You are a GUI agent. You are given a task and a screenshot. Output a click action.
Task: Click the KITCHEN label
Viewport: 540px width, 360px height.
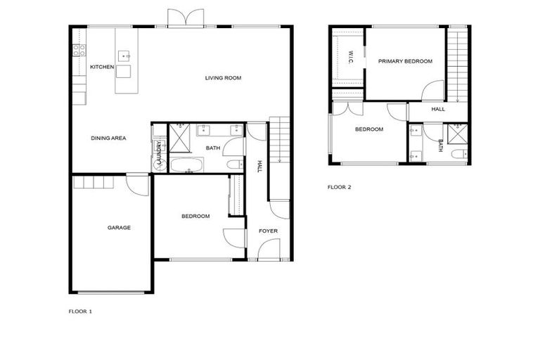coord(102,67)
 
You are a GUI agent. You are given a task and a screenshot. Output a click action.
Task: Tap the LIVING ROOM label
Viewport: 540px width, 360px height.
coord(223,78)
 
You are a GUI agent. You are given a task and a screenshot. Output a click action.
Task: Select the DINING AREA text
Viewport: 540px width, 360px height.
coord(108,139)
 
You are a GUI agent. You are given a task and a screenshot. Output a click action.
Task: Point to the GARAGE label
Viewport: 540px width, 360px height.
coord(119,227)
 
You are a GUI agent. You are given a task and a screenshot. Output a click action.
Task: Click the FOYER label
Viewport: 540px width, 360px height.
coord(268,231)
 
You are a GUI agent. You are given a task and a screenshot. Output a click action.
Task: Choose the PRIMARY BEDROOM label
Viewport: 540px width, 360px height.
coord(405,62)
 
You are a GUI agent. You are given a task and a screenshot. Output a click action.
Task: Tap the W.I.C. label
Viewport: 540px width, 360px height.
coord(352,56)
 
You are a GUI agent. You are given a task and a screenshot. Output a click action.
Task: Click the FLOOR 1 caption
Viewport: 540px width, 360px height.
coord(80,311)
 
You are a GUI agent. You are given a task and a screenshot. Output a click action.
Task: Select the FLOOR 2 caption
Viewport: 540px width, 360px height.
coord(339,188)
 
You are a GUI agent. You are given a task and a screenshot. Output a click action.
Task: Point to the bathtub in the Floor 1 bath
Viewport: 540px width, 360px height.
coord(186,165)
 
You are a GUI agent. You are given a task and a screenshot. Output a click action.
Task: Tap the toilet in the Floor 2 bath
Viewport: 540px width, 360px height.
coord(460,155)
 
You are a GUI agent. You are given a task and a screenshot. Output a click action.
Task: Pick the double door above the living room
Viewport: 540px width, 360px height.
coord(186,18)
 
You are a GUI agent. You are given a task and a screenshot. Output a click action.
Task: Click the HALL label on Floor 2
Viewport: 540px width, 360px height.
coord(438,109)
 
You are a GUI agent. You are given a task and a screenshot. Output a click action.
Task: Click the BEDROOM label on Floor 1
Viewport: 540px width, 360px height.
coord(195,216)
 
